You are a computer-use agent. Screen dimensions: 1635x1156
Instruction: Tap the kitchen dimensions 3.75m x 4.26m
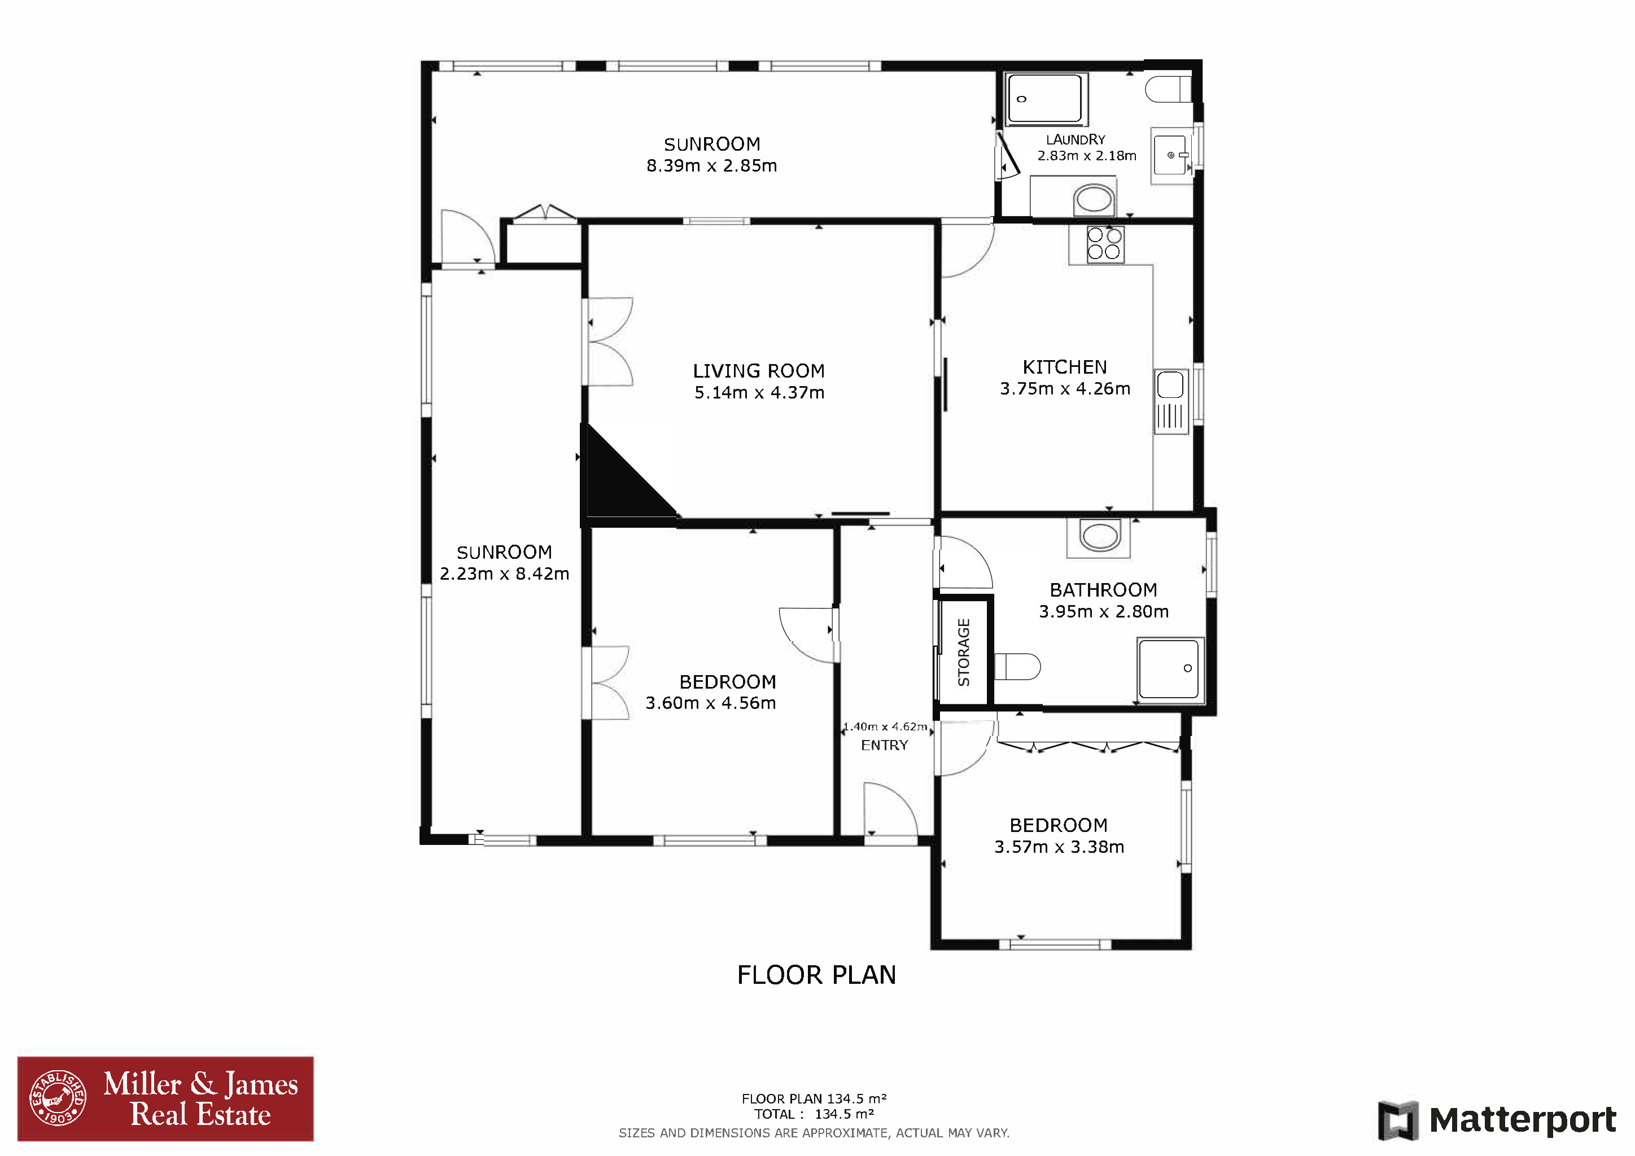[1065, 389]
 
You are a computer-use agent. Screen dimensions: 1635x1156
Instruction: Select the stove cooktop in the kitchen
[1104, 243]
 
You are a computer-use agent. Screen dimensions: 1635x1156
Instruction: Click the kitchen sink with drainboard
[1171, 401]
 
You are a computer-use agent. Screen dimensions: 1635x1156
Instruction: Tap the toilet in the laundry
[1168, 89]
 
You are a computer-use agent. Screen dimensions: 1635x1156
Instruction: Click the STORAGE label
[964, 652]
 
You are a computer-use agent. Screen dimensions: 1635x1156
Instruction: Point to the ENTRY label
[885, 745]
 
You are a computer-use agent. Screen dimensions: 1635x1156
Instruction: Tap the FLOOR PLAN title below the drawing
[816, 974]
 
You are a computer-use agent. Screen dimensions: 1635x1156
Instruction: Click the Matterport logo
[1497, 1120]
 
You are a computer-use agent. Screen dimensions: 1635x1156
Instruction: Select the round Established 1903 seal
[58, 1098]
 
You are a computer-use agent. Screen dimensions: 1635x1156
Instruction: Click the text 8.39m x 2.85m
[711, 166]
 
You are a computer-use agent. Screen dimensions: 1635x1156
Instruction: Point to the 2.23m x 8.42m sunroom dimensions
[504, 573]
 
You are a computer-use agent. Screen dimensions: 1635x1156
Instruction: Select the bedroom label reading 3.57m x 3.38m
[1059, 847]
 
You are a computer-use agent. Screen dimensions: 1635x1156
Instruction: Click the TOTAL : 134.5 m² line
[814, 1114]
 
